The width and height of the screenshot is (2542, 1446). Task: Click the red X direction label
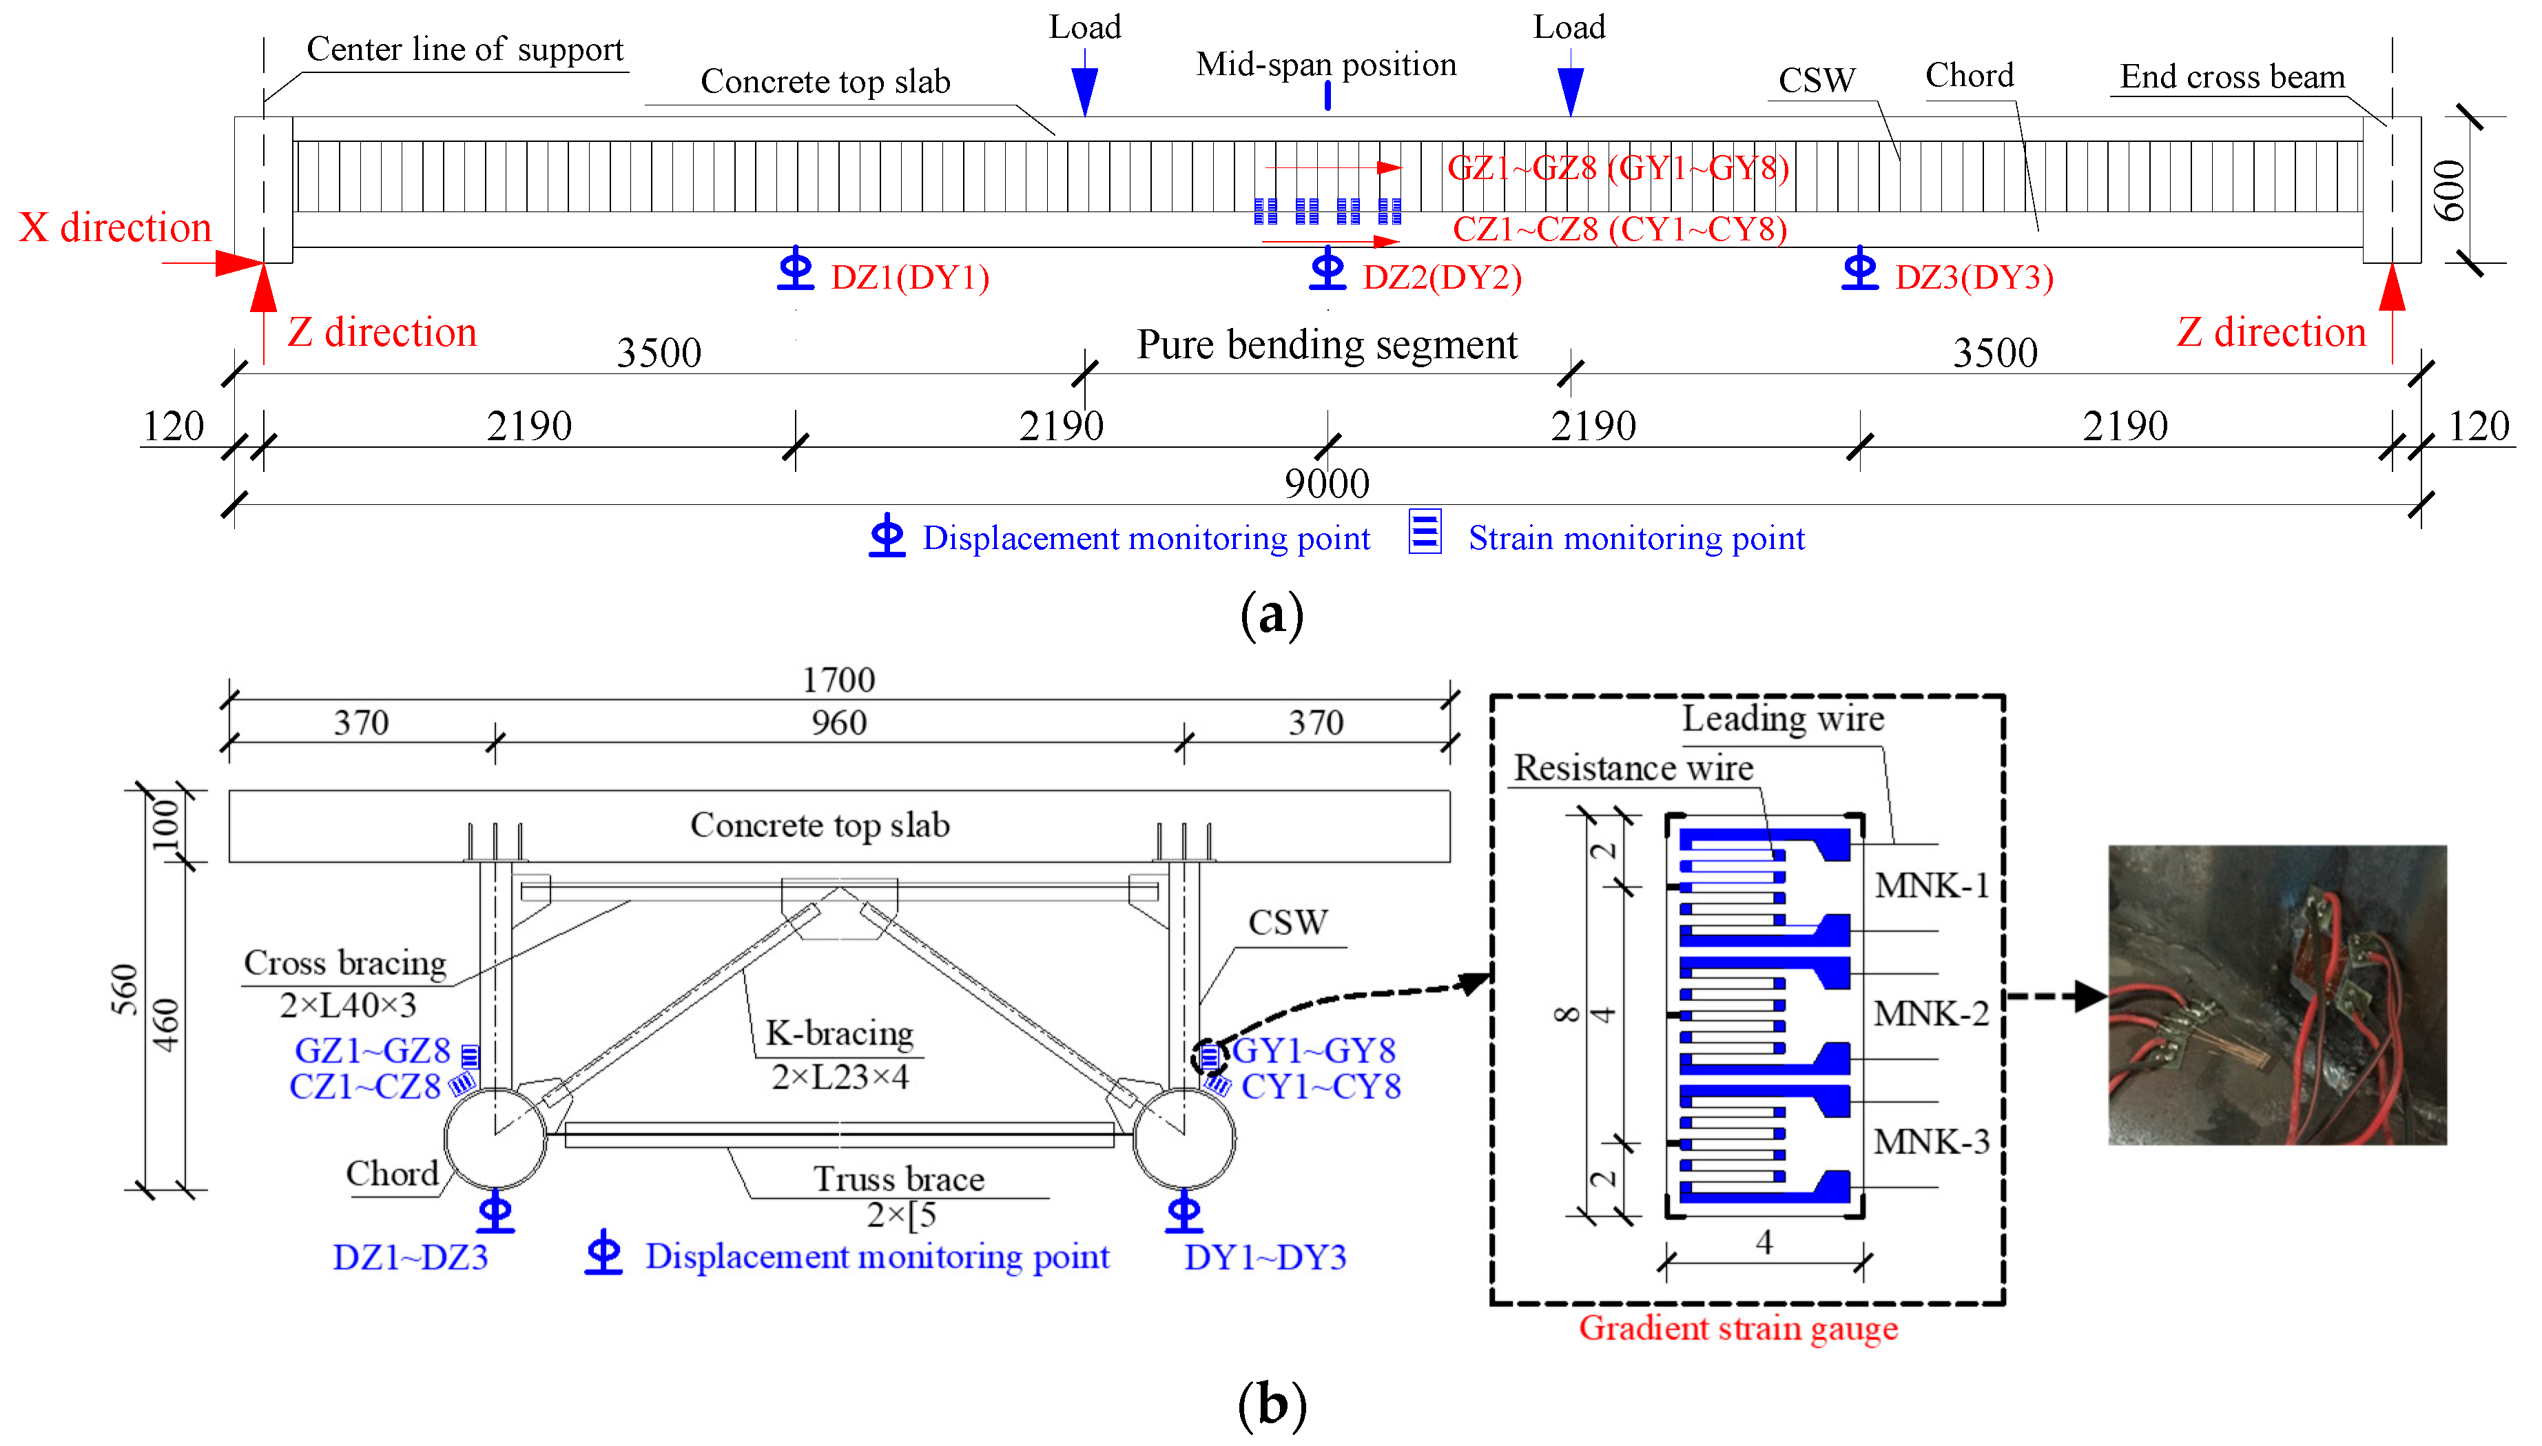coord(115,227)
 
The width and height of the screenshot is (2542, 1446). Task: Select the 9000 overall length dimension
coord(1327,484)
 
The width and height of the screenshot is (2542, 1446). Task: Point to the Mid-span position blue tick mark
coord(1327,95)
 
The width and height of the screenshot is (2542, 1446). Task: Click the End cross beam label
coord(2231,76)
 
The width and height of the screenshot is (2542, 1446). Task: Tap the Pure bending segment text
coord(1327,344)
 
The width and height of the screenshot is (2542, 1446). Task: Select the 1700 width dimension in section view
coord(838,679)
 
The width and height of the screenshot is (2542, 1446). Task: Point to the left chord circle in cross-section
coord(495,1138)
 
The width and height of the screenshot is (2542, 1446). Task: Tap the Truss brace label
coord(898,1179)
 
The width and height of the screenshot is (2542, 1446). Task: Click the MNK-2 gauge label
coord(1930,1014)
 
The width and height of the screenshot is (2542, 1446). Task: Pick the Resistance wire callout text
coord(1633,767)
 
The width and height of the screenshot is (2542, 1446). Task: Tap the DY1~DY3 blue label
coord(1264,1257)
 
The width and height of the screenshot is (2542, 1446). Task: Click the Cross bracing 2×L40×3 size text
coord(347,1005)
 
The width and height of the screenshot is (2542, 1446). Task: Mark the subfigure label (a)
coord(1271,614)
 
